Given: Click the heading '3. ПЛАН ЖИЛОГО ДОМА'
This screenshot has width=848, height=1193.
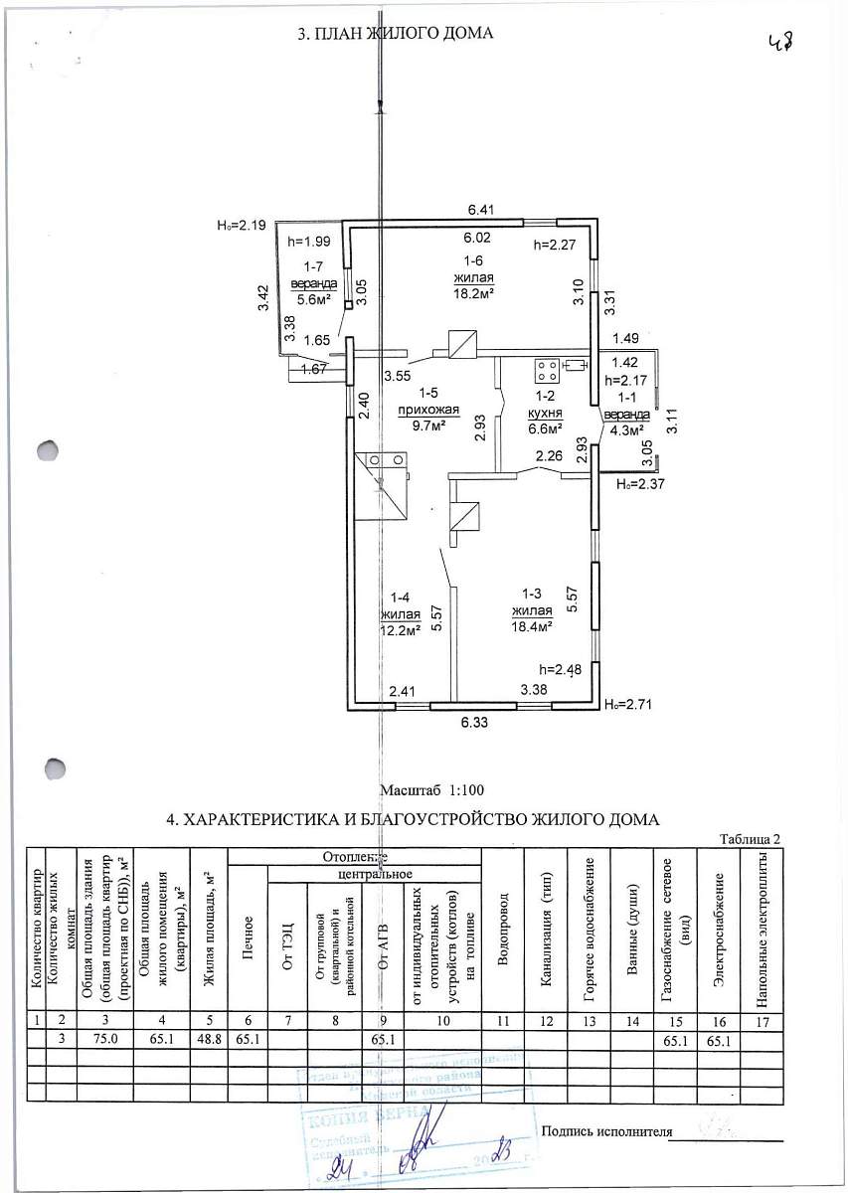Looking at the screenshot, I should point(395,34).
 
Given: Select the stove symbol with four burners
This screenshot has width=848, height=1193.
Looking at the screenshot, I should point(546,371).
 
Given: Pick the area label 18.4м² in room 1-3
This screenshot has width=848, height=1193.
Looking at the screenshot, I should point(532,626).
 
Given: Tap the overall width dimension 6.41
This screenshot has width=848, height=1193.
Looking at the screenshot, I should point(482,210).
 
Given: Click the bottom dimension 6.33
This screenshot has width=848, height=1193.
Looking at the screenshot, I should point(473,725).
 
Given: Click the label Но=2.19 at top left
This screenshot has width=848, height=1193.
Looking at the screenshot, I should point(241,226).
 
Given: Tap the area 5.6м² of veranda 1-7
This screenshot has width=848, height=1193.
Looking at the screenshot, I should point(312,298).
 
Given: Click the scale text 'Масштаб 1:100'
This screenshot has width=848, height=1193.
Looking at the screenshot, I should point(431,790).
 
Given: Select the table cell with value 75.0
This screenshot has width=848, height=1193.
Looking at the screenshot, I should point(104,1040).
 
